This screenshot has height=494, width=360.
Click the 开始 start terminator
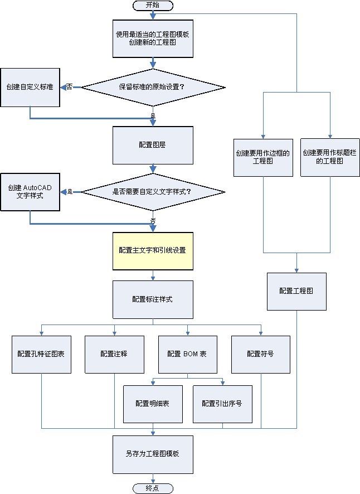153,5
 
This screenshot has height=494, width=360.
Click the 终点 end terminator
153,488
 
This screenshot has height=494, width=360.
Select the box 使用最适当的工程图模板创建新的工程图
153,38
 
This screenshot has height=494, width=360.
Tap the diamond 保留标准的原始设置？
153,87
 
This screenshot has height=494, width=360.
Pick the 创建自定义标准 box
30,87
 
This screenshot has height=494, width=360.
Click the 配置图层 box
153,145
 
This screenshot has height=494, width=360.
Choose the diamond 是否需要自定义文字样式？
153,192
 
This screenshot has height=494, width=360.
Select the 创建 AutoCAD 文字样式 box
30,192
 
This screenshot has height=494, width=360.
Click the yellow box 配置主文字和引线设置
153,250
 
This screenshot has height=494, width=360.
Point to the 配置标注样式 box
153,299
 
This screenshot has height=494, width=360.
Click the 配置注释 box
114,354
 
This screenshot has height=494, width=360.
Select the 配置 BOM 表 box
187,354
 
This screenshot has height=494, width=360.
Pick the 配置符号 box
260,354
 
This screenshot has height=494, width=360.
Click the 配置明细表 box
153,404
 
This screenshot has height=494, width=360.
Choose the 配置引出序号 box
222,404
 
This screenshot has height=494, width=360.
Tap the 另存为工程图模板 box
153,454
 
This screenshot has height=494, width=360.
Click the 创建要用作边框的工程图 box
263,157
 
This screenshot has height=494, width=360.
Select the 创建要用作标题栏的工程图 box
330,157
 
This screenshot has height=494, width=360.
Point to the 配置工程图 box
296,291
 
